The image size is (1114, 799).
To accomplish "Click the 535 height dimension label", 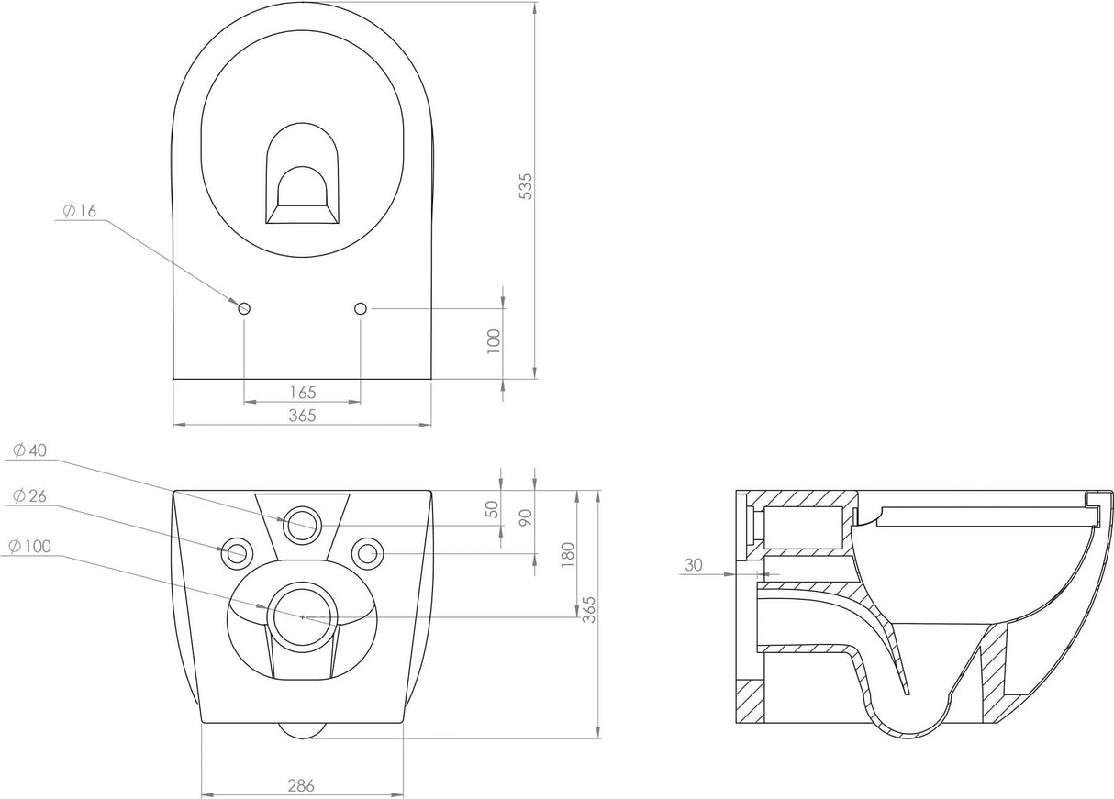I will (526, 185).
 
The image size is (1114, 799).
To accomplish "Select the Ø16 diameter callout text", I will (80, 211).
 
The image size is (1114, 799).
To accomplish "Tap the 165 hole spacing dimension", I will (301, 392).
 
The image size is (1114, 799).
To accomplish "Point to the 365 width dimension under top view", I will (301, 415).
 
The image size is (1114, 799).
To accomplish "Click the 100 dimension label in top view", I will (493, 341).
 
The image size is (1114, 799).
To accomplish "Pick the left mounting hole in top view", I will (244, 309).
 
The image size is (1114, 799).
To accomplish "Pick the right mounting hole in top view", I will (361, 309).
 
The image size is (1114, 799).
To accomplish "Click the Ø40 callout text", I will (29, 449).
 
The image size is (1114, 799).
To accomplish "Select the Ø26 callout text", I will (29, 495).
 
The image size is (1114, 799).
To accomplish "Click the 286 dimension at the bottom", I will (301, 784).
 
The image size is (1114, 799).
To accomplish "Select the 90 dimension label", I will (526, 516).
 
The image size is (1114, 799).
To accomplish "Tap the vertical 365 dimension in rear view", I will (589, 606).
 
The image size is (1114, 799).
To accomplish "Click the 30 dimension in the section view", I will (693, 565).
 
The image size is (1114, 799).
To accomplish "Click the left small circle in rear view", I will (236, 552).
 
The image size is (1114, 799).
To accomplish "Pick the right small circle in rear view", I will (368, 552).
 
